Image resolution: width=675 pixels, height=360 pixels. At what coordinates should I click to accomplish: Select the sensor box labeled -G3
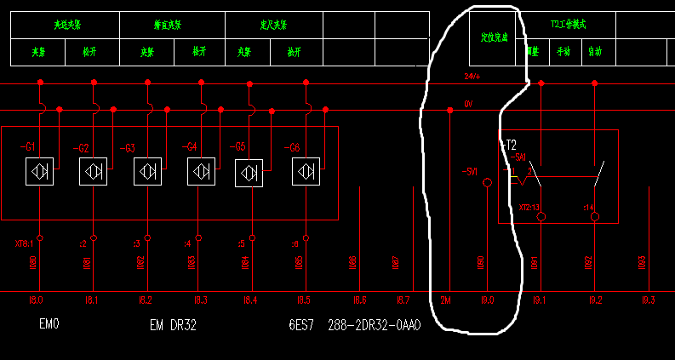(147, 171)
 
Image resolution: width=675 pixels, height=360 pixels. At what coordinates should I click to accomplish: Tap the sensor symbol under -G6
(305, 172)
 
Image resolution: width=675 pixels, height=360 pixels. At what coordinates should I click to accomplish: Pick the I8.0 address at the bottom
(36, 300)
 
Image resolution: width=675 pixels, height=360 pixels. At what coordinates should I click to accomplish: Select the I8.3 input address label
(200, 300)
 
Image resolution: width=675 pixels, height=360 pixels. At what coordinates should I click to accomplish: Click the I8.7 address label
(404, 300)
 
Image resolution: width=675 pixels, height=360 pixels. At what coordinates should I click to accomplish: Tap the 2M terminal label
(446, 300)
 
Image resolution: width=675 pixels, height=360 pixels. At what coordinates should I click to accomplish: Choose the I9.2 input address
(595, 300)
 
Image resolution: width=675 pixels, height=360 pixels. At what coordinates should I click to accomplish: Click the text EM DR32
(173, 324)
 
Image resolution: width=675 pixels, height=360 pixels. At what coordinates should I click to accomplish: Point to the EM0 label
(49, 324)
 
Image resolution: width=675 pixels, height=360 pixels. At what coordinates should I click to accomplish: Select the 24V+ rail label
(472, 77)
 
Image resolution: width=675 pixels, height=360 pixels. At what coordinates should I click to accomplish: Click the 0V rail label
(469, 104)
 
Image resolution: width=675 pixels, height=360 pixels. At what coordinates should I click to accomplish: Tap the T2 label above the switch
(512, 144)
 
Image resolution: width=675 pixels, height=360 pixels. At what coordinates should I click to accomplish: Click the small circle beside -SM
(487, 182)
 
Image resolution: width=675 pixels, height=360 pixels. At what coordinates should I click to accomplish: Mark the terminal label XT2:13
(529, 207)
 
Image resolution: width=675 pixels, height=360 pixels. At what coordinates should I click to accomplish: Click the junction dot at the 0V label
(449, 110)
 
